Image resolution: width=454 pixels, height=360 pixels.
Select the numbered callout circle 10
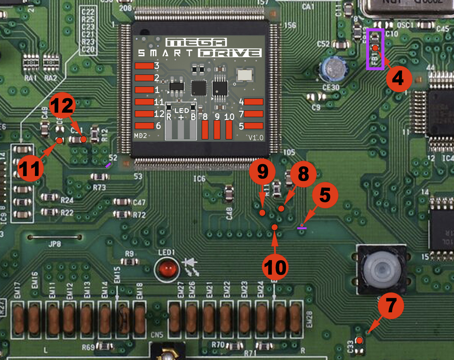(275, 267)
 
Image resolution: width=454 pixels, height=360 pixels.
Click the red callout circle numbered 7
(391, 305)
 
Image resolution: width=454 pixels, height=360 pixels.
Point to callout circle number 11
(30, 168)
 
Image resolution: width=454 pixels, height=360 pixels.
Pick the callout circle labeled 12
(63, 106)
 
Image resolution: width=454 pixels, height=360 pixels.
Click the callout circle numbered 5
(325, 195)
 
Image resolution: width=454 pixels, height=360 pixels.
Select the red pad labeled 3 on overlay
(144, 66)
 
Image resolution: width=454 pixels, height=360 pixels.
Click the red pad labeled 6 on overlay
(144, 126)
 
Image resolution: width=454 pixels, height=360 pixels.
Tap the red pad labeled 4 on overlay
(254, 102)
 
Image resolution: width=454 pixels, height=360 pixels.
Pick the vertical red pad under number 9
(217, 130)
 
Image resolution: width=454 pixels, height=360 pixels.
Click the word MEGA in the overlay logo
(196, 42)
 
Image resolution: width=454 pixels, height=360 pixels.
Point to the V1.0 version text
(256, 137)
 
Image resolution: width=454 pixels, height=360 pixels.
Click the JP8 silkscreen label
(55, 244)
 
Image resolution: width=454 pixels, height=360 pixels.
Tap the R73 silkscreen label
(99, 188)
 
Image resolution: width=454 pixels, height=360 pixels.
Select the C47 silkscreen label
(139, 202)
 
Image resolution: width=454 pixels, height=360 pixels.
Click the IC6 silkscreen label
(199, 179)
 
